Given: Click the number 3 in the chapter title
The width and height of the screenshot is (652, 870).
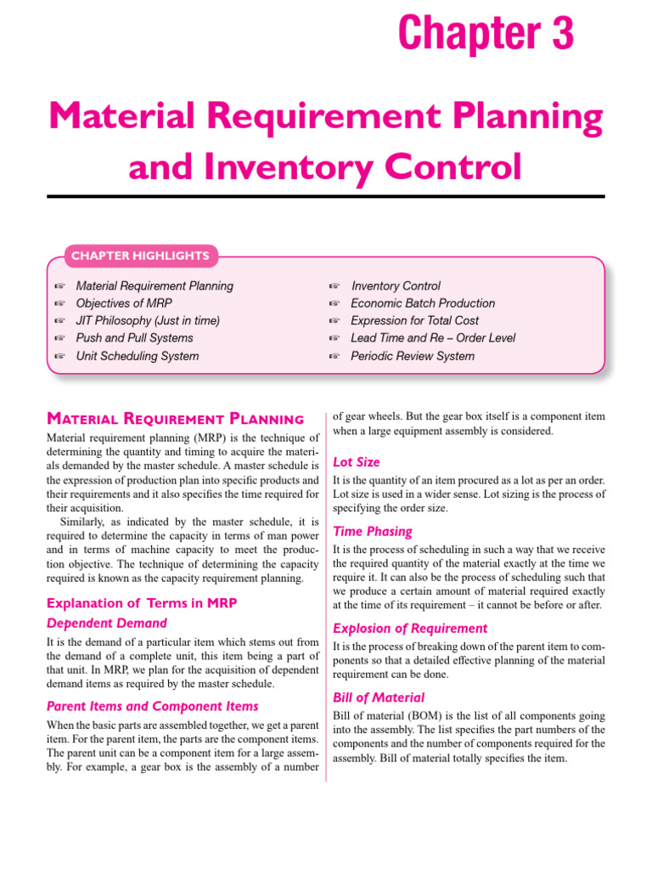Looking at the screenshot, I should (x=559, y=35).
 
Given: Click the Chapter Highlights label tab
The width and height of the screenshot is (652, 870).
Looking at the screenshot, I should (x=140, y=255).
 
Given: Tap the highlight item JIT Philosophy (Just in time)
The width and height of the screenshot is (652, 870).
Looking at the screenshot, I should (x=148, y=320).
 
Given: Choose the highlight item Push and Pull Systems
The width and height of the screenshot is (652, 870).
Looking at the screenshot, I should (x=134, y=338).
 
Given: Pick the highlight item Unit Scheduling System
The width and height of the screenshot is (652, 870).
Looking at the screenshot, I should (x=138, y=356).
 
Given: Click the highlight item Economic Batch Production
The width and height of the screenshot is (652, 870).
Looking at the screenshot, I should (x=423, y=303).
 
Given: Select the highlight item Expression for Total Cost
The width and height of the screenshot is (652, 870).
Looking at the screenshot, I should (x=414, y=320).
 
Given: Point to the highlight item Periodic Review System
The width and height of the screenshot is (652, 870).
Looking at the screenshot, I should (x=413, y=356).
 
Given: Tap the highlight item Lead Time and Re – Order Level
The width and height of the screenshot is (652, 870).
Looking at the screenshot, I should (x=433, y=338).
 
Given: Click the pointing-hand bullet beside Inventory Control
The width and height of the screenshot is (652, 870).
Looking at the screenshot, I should (x=334, y=286).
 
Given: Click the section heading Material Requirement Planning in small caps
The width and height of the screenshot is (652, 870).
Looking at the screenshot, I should (x=175, y=418).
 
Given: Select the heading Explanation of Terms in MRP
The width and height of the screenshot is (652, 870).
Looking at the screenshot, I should (x=141, y=603).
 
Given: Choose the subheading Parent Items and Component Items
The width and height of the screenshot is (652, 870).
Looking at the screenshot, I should (x=153, y=706).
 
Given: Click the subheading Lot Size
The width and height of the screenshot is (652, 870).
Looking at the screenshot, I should (x=357, y=462).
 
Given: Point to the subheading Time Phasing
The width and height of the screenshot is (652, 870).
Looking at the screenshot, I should (x=373, y=531).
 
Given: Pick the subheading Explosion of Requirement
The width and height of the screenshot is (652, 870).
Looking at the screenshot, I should (x=410, y=629).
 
